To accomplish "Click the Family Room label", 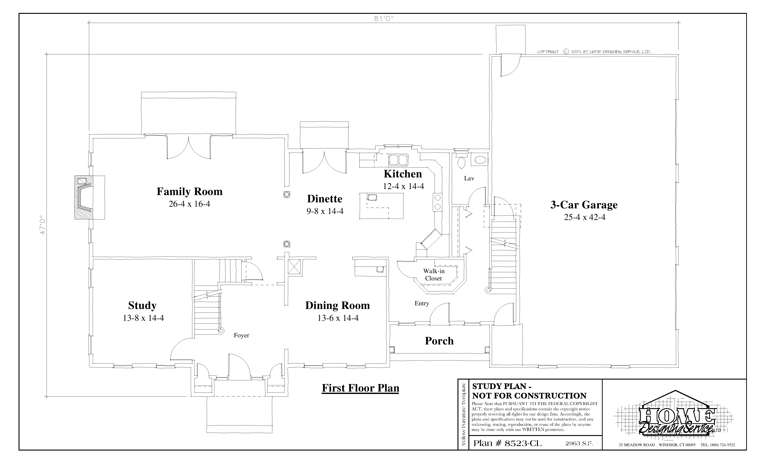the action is [189, 192].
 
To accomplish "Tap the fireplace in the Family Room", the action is [89, 198].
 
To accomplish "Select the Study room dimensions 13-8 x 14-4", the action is [143, 318].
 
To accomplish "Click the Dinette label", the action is [325, 199].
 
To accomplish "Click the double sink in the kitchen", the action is [398, 160].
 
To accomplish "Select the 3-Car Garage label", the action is [584, 205].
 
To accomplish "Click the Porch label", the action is [439, 341].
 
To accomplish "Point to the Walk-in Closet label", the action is [434, 275].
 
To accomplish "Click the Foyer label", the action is [241, 335].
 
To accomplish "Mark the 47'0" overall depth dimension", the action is [43, 225].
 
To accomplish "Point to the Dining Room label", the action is [337, 306].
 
